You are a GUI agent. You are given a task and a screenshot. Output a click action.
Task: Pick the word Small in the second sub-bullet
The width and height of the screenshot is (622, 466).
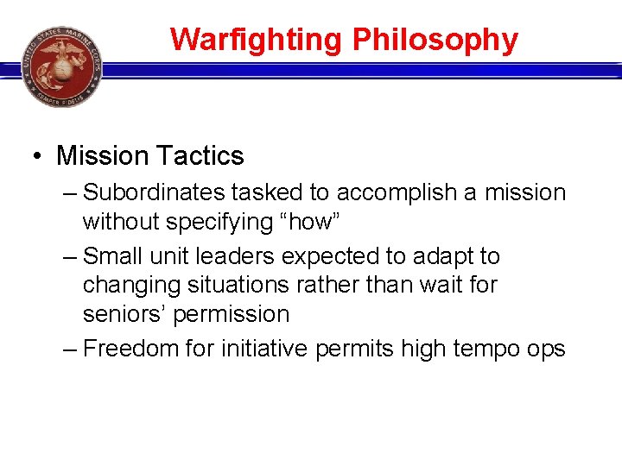(x=115, y=256)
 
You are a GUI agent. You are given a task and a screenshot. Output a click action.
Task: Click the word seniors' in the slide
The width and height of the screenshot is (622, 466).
(x=124, y=314)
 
